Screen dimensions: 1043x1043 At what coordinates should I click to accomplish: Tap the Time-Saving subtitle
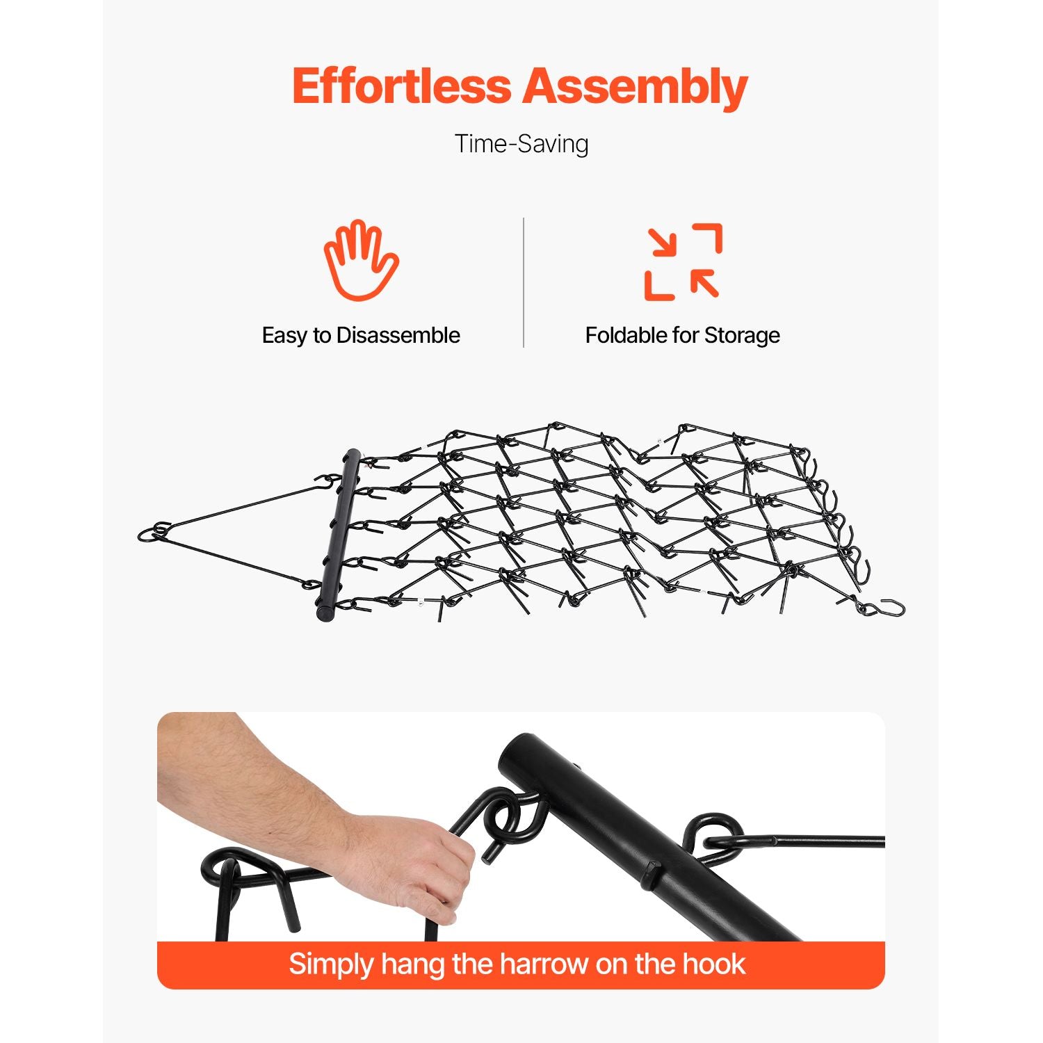(x=521, y=144)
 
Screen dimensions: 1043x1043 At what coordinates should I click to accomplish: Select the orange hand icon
(x=361, y=260)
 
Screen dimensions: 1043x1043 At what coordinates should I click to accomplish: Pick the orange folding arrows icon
(x=683, y=261)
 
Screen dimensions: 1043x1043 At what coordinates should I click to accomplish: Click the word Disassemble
(x=398, y=335)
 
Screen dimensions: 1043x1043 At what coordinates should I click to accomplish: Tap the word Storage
(x=742, y=336)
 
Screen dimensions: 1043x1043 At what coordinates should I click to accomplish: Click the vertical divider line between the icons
(x=524, y=282)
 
